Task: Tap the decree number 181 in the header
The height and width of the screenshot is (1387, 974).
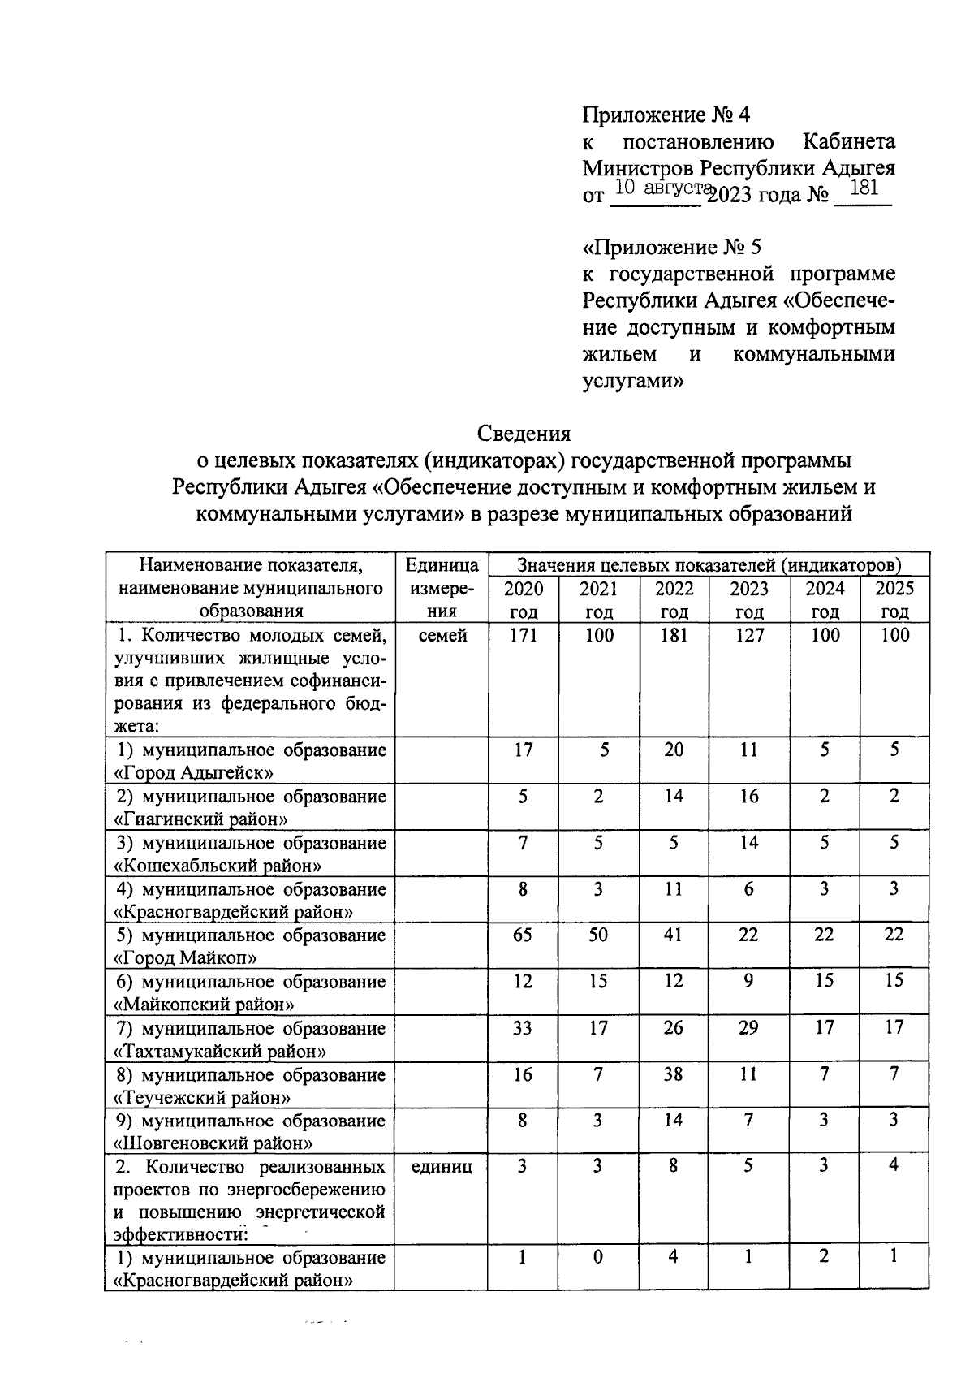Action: coord(863,189)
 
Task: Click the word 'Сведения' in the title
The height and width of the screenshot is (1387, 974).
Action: coord(524,433)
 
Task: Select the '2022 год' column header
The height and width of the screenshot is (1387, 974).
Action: coord(674,599)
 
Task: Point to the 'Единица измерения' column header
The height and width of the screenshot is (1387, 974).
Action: coord(441,587)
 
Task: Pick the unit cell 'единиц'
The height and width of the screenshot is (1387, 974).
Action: coord(441,1167)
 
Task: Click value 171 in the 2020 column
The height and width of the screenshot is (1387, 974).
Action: coord(523,635)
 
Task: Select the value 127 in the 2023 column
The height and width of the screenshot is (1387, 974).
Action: coord(748,635)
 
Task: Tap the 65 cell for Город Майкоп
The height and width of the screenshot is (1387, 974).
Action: coord(523,935)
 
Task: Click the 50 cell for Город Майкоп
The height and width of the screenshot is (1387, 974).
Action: coord(598,935)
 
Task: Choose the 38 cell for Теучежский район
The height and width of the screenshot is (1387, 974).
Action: coord(674,1074)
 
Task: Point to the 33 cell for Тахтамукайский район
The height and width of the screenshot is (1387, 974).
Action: coord(523,1028)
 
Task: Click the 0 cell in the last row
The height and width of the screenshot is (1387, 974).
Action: coord(598,1257)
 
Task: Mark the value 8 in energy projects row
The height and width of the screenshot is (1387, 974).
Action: coord(674,1167)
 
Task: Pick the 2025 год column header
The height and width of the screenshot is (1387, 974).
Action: coord(894,599)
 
